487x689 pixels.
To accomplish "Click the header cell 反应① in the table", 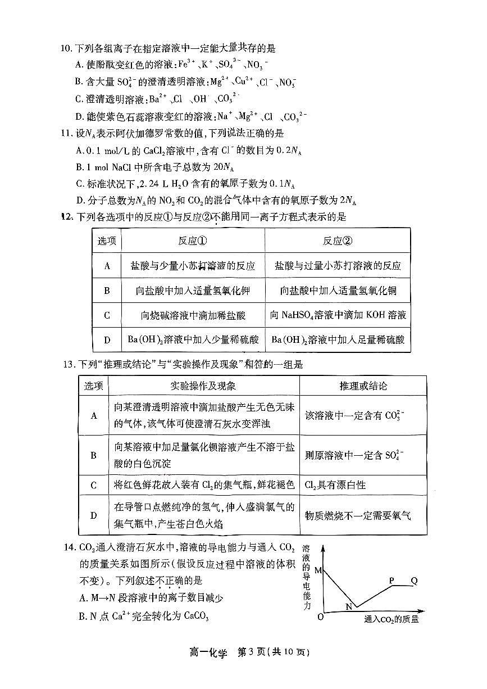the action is pyautogui.click(x=193, y=241).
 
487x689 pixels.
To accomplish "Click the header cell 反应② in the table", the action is pyautogui.click(x=337, y=241).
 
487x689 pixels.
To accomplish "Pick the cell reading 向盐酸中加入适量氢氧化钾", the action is pyautogui.click(x=193, y=291).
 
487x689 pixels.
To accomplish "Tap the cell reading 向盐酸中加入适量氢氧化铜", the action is pyautogui.click(x=337, y=291).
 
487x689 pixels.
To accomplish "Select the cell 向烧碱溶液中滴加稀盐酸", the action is pyautogui.click(x=193, y=315).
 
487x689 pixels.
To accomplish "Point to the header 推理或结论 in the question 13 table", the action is pyautogui.click(x=363, y=386).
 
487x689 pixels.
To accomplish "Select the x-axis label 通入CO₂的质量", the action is pyautogui.click(x=391, y=620).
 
